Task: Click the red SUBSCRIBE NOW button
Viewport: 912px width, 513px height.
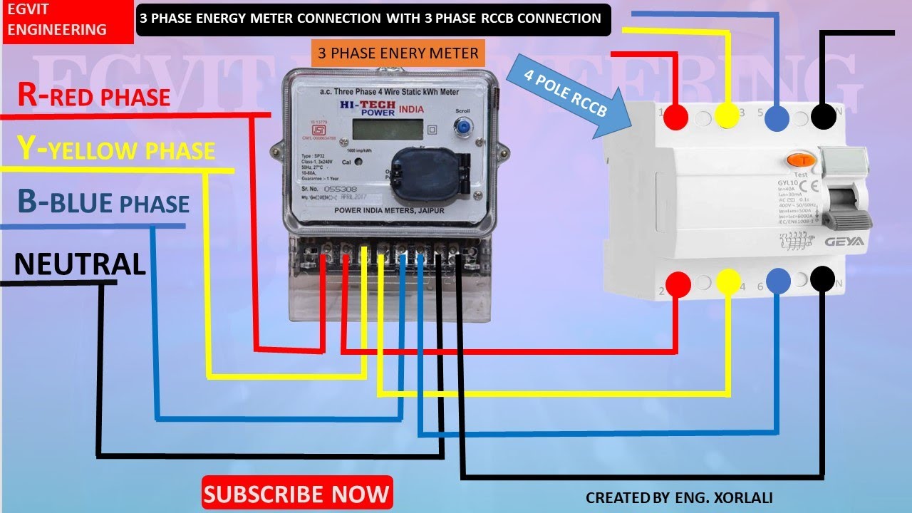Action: (297, 493)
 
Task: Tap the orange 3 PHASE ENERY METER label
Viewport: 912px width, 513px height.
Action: (398, 53)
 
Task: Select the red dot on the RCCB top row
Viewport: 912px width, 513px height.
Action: (677, 115)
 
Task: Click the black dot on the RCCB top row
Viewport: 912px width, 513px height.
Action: (824, 115)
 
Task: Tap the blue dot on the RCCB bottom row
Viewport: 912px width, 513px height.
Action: (777, 281)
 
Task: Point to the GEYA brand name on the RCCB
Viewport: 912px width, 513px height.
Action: (844, 242)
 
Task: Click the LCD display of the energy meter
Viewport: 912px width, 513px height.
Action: (385, 130)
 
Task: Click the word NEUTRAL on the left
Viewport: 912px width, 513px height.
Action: (80, 264)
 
